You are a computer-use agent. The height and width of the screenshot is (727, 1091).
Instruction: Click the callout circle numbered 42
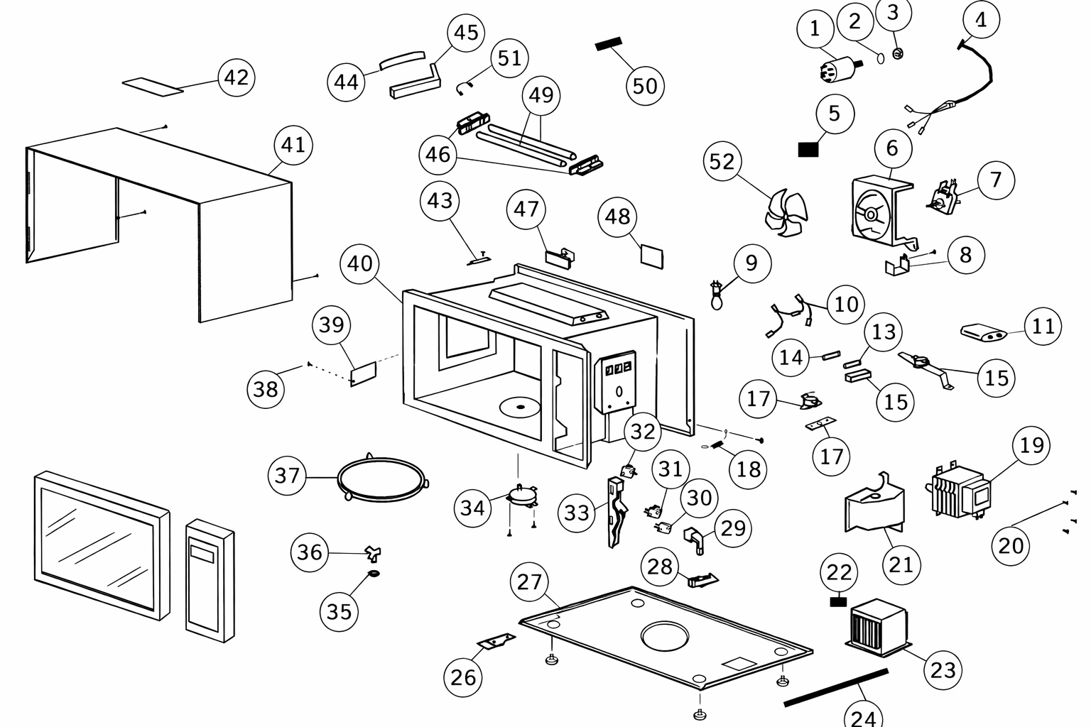point(237,77)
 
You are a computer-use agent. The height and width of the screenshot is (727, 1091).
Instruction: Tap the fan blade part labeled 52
point(786,213)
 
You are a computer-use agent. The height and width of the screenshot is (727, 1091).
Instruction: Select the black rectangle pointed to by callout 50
point(609,43)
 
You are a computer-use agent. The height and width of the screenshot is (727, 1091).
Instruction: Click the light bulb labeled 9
point(717,295)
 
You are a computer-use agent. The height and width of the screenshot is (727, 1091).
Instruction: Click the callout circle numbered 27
point(529,581)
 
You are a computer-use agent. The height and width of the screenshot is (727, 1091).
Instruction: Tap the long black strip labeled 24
point(836,687)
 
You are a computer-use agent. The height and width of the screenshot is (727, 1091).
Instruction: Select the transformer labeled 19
point(958,492)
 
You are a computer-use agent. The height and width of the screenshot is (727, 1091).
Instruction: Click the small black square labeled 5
point(808,150)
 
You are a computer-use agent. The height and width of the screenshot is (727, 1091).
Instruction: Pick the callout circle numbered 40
point(359,263)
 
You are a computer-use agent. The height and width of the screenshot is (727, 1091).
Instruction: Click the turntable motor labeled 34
point(521,497)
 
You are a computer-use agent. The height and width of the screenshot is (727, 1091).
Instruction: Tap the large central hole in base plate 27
point(665,636)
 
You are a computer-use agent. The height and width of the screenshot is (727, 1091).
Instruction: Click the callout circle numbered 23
point(943,670)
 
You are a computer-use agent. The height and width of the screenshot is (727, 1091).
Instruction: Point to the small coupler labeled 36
point(373,553)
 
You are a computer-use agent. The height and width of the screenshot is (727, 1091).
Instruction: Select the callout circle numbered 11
point(1043,327)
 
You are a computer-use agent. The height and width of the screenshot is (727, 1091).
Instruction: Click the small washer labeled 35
point(374,574)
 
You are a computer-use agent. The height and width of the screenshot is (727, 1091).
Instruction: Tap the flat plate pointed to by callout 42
point(153,87)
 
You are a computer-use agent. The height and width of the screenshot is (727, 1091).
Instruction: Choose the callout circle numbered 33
point(577,513)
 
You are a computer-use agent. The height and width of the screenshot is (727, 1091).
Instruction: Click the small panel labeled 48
point(652,256)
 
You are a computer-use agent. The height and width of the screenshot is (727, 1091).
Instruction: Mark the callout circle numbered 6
point(892,148)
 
